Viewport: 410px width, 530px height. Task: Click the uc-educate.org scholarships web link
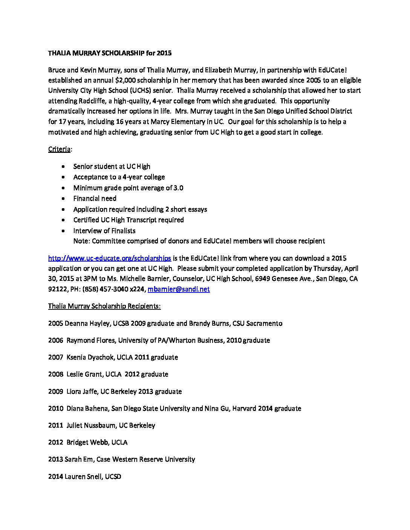pyautogui.click(x=110, y=258)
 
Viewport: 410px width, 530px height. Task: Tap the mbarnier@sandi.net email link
pyautogui.click(x=179, y=289)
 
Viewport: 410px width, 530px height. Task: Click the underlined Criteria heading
pyautogui.click(x=59, y=149)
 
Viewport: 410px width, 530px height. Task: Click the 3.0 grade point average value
pyautogui.click(x=178, y=188)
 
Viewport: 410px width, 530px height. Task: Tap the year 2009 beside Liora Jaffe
pyautogui.click(x=55, y=391)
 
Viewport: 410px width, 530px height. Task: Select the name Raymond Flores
pyautogui.click(x=91, y=340)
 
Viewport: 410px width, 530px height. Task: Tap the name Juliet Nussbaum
pyautogui.click(x=91, y=425)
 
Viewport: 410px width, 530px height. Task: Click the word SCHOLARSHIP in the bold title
pyautogui.click(x=122, y=53)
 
